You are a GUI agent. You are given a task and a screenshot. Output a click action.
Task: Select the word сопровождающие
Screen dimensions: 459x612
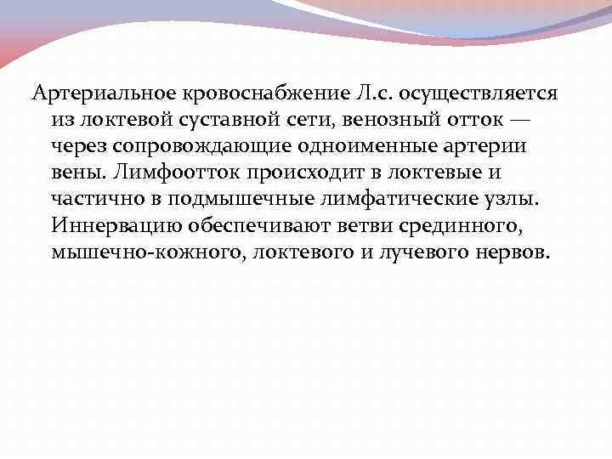[x=184, y=146]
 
